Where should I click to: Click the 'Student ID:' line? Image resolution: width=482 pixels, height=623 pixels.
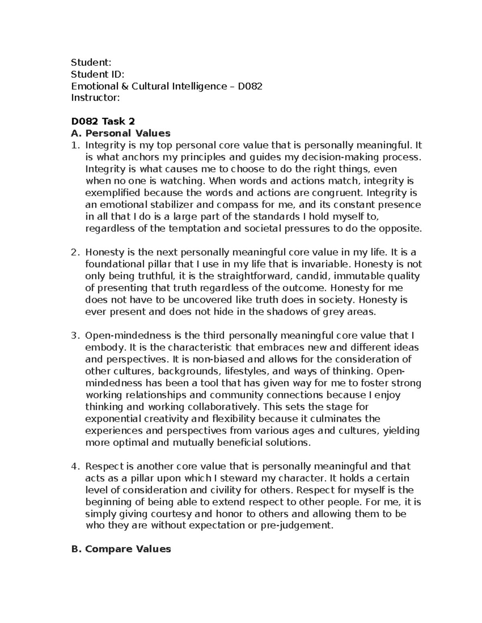[x=98, y=74]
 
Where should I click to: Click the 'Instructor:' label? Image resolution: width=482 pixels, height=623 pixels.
[x=95, y=97]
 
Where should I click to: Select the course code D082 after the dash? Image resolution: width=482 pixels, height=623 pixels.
[x=250, y=86]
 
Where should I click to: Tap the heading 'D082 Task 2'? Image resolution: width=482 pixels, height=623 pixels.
[x=103, y=121]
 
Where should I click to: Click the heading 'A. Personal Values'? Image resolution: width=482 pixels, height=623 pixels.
[x=120, y=133]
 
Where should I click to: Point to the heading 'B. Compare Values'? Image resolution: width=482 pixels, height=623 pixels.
[x=120, y=549]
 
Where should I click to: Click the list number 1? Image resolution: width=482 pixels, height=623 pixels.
[x=74, y=145]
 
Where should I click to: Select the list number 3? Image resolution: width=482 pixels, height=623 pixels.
[x=74, y=335]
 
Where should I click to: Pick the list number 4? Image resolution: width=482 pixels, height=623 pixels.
[x=74, y=466]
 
